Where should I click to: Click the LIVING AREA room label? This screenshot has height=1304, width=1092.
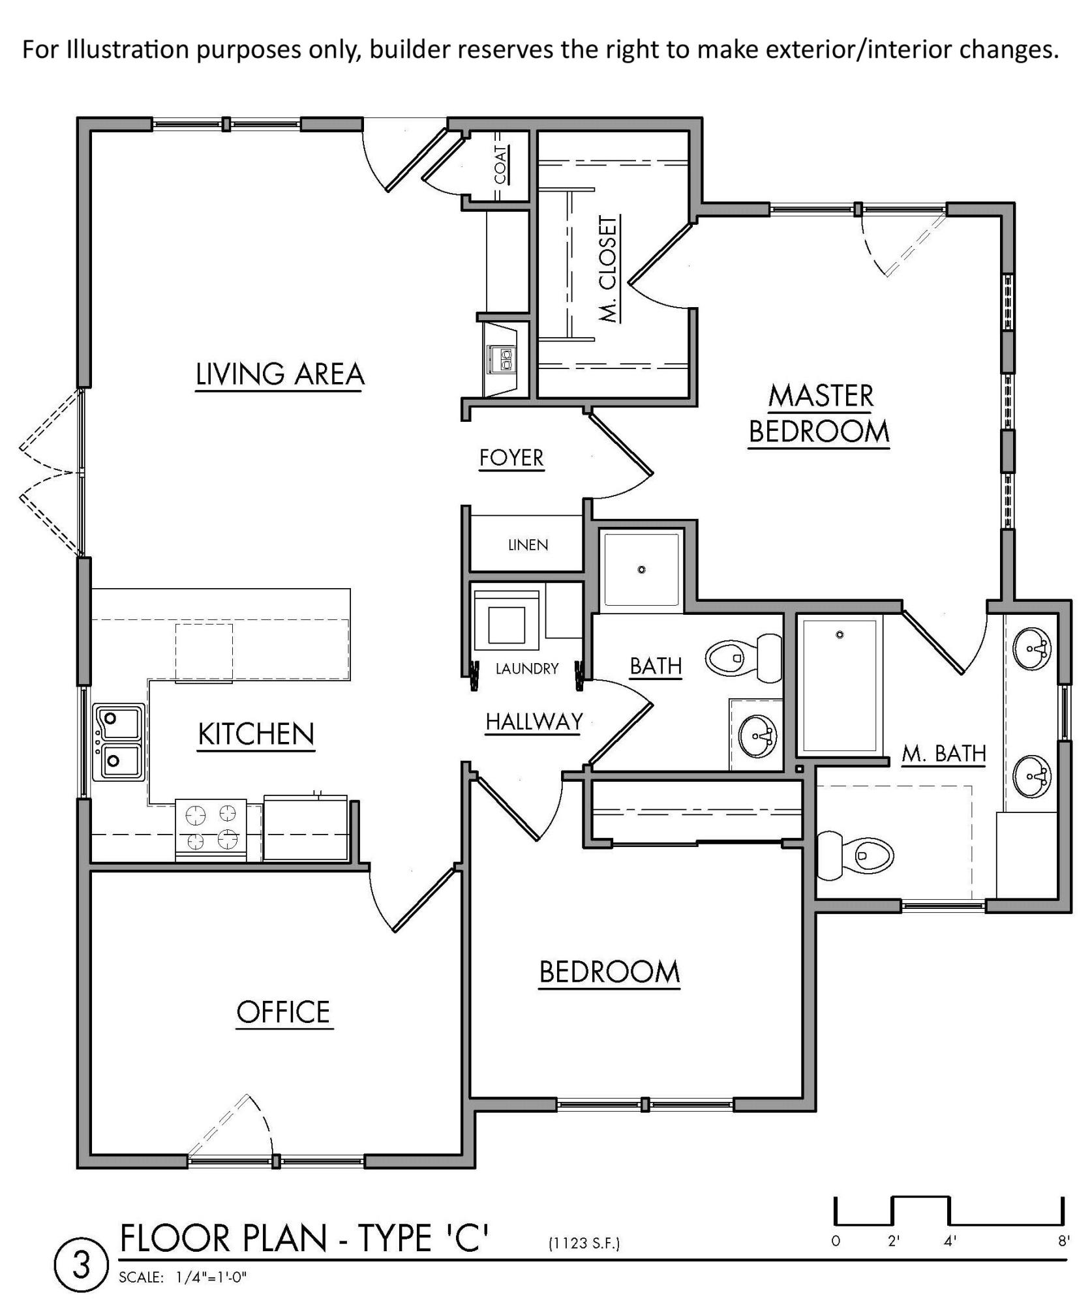click(280, 374)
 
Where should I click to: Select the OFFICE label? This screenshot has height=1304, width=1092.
click(283, 1013)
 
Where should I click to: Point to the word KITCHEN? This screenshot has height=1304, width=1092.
click(256, 735)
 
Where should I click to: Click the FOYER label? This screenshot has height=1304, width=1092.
click(511, 458)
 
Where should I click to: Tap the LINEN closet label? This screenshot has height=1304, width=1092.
click(528, 545)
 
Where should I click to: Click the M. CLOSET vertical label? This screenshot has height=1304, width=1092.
click(608, 269)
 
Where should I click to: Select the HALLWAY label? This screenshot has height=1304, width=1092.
click(534, 722)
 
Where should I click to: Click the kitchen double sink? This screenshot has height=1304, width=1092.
click(119, 741)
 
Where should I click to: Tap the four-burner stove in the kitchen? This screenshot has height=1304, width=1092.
click(211, 829)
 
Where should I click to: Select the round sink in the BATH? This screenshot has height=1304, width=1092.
click(757, 736)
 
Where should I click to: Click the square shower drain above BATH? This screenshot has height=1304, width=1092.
click(641, 569)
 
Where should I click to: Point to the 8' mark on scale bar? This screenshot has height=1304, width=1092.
click(1063, 1241)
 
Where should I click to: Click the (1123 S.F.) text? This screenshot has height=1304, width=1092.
click(584, 1243)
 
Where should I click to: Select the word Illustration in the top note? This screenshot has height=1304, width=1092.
click(128, 50)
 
